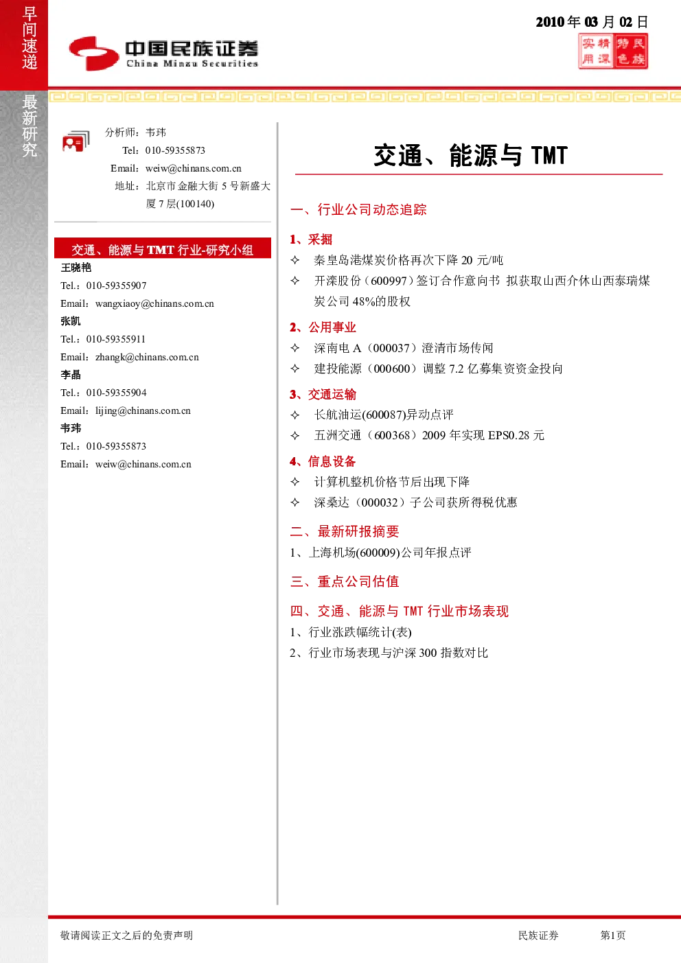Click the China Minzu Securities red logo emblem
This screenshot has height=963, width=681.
click(94, 54)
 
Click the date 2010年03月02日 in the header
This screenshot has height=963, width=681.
click(592, 22)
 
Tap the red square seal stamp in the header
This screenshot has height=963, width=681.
click(612, 51)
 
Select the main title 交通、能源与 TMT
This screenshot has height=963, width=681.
click(471, 155)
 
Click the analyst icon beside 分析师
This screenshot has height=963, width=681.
click(76, 141)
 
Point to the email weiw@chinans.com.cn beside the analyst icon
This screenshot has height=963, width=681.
click(193, 168)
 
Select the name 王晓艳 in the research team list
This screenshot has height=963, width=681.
click(76, 268)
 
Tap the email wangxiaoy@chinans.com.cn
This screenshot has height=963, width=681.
click(154, 303)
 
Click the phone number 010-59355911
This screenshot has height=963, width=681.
click(115, 339)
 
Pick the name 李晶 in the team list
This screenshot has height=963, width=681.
click(71, 375)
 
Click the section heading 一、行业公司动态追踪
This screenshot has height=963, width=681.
click(358, 209)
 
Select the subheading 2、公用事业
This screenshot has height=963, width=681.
click(323, 327)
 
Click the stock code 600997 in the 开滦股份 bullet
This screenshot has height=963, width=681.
click(389, 281)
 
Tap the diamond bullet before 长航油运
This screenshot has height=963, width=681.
click(295, 415)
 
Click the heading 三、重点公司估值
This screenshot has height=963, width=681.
click(345, 581)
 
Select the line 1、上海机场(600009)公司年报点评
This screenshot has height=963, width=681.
click(380, 553)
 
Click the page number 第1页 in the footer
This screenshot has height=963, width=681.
click(612, 935)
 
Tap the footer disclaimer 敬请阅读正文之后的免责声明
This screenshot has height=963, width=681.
click(127, 935)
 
